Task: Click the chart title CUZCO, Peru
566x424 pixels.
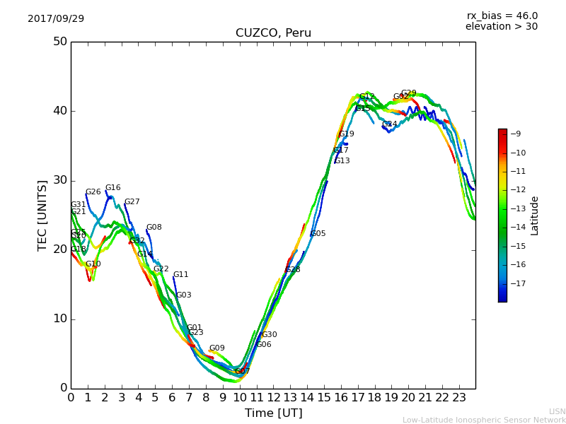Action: coord(273,33)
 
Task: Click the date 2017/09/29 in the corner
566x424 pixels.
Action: coord(56,19)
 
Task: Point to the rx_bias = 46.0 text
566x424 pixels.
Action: coord(502,16)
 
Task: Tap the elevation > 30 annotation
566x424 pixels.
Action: coord(502,27)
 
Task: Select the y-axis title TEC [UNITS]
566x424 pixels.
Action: coord(42,215)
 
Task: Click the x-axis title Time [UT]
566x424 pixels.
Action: coord(273,413)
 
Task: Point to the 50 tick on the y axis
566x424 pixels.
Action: coord(60,42)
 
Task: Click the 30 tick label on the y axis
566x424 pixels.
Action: coord(60,180)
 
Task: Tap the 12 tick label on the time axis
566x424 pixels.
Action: coord(273,397)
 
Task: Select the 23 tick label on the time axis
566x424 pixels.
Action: coord(458,397)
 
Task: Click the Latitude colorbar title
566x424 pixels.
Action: coord(535,216)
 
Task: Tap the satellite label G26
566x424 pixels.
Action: coord(93,192)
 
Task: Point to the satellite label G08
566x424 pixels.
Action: coord(154,228)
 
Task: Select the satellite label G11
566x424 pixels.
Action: coord(181,275)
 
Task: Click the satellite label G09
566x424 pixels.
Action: coord(216,348)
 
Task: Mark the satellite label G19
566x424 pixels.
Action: coord(347,134)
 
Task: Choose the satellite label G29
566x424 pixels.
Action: coord(409,93)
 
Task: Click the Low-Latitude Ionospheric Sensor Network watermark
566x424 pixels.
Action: coord(484,420)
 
